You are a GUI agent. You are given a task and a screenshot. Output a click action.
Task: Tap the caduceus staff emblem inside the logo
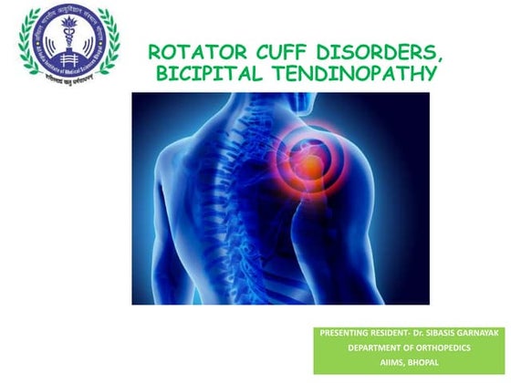(68, 40)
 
